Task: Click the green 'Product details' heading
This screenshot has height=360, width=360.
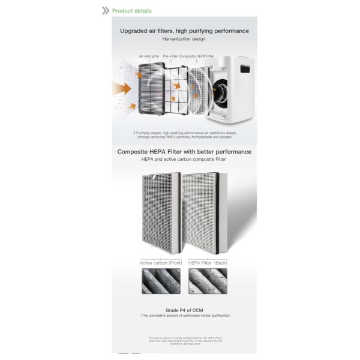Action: [x=133, y=11]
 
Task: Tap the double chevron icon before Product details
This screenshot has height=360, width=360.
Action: [x=106, y=11]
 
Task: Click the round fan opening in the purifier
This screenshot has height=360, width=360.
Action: [x=220, y=91]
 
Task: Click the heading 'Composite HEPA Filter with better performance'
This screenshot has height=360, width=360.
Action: [x=184, y=152]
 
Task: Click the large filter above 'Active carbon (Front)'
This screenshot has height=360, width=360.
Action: [x=159, y=213]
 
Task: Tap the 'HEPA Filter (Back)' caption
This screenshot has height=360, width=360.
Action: [x=208, y=263]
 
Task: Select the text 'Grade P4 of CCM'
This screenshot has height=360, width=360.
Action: [x=184, y=310]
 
